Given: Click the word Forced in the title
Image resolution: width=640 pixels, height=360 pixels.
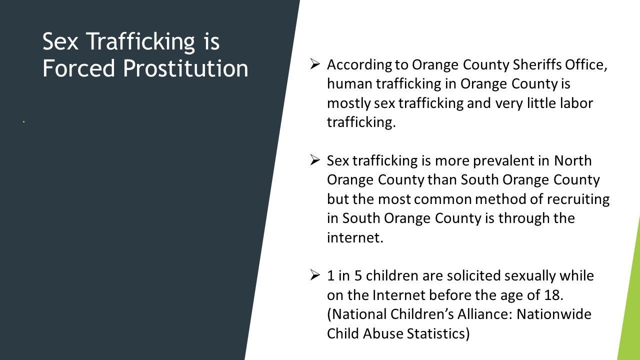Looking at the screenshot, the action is tap(78, 68).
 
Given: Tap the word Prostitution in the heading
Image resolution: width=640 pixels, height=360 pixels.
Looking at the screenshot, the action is tap(185, 68).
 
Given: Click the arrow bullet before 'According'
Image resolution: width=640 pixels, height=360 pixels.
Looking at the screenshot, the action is tap(314, 64).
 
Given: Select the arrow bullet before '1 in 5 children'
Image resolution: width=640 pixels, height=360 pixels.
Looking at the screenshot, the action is tap(314, 275).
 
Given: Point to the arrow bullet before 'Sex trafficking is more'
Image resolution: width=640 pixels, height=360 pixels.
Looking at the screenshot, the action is tap(314, 160).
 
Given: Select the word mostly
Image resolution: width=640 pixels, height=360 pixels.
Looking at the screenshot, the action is tap(349, 103).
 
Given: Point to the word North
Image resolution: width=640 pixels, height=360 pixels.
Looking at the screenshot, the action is tap(573, 160).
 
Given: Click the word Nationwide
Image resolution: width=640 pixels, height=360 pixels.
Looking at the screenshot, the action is tap(554, 314).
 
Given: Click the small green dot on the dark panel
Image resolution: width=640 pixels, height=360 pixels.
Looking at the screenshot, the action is tap(23, 122).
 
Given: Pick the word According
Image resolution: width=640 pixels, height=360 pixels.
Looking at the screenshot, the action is tap(359, 65).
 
